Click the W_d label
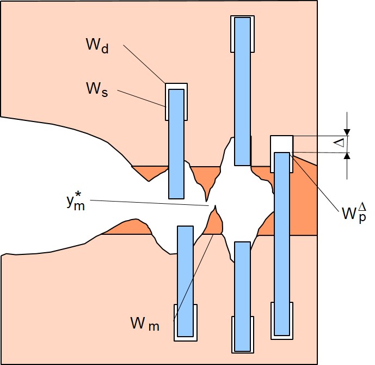pyautogui.click(x=97, y=45)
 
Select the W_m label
pyautogui.click(x=145, y=324)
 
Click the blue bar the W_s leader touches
pyautogui.click(x=176, y=143)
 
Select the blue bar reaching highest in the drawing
pyautogui.click(x=242, y=91)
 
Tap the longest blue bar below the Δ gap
pyautogui.click(x=281, y=244)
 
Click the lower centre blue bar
pyautogui.click(x=242, y=296)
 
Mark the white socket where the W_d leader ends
pyautogui.click(x=176, y=87)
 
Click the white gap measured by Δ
pyautogui.click(x=281, y=144)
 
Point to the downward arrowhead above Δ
pyautogui.click(x=347, y=132)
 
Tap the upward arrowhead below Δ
pyautogui.click(x=347, y=156)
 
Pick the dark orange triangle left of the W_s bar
pyautogui.click(x=151, y=172)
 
